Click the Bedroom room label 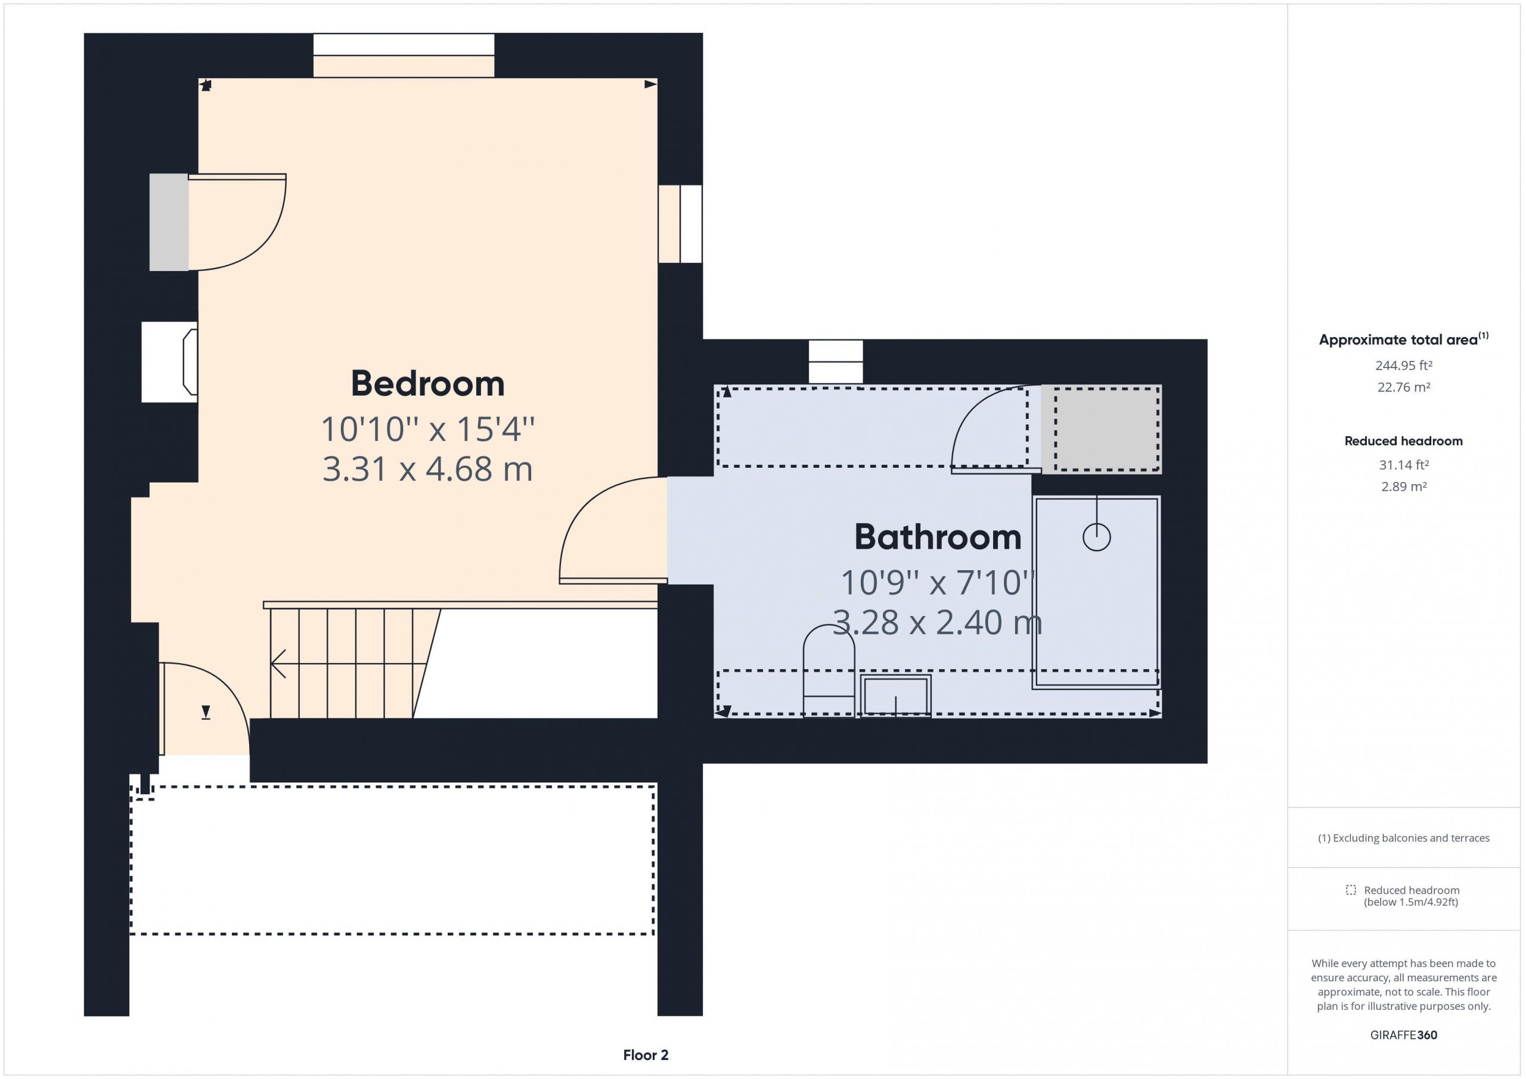[x=427, y=384]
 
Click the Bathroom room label [x=937, y=537]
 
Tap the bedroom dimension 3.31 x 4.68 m [x=427, y=469]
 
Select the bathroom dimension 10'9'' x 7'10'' [x=937, y=583]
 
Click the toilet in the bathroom [x=829, y=671]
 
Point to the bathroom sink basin [x=896, y=696]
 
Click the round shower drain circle [x=1097, y=537]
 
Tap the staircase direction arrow [x=278, y=663]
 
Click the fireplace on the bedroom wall [x=169, y=362]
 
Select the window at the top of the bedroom [x=404, y=56]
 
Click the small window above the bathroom [x=836, y=362]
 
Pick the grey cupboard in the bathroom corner [x=1102, y=429]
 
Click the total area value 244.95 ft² [x=1404, y=365]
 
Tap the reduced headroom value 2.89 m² [x=1404, y=486]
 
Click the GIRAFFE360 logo [x=1404, y=1034]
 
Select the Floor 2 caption [x=646, y=1055]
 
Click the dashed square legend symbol [x=1351, y=890]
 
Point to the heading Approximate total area [x=1398, y=340]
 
